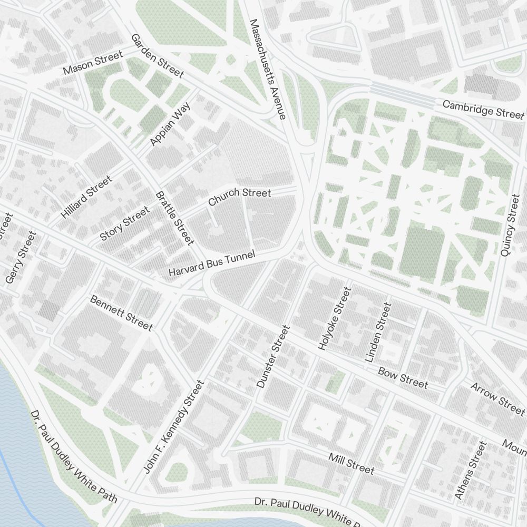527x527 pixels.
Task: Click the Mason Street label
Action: (92, 63)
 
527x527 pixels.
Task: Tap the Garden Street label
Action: (157, 56)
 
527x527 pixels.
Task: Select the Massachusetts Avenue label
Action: (268, 69)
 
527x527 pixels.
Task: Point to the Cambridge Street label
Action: (483, 109)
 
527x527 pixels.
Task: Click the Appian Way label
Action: (170, 124)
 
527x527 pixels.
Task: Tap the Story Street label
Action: (124, 224)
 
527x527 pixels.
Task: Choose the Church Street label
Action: (239, 197)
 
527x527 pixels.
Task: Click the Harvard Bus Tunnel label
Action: (211, 264)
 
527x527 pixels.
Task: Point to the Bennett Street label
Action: (121, 313)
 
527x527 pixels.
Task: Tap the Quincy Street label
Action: (510, 226)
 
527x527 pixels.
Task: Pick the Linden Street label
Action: (378, 332)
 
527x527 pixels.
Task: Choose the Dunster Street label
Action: (272, 357)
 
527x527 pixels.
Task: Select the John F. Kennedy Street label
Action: (173, 426)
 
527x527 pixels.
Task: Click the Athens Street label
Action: (470, 471)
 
